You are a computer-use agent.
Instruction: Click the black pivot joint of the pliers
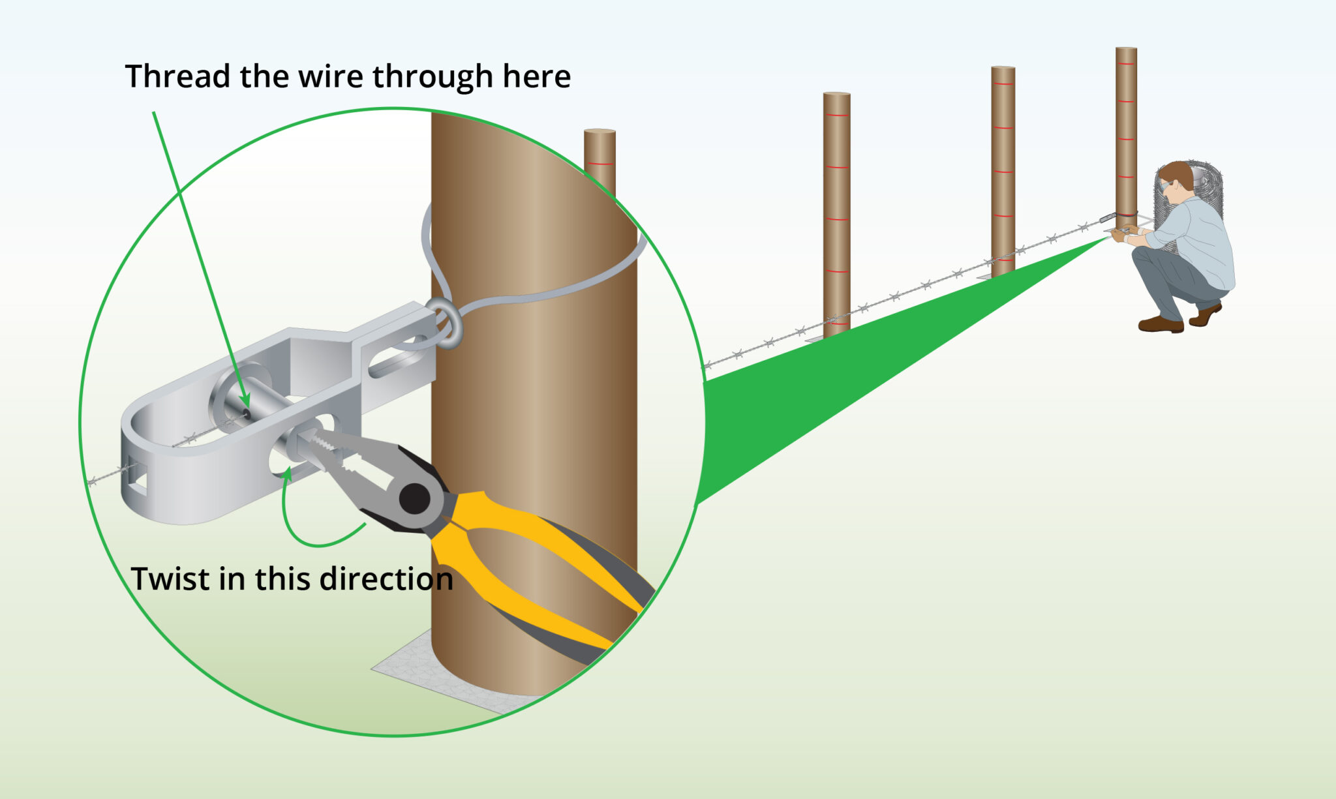415,499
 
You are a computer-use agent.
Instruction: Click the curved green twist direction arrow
294,522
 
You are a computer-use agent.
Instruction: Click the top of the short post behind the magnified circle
600,132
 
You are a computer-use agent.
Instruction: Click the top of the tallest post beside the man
1126,50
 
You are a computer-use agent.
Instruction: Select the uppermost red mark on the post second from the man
1003,84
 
